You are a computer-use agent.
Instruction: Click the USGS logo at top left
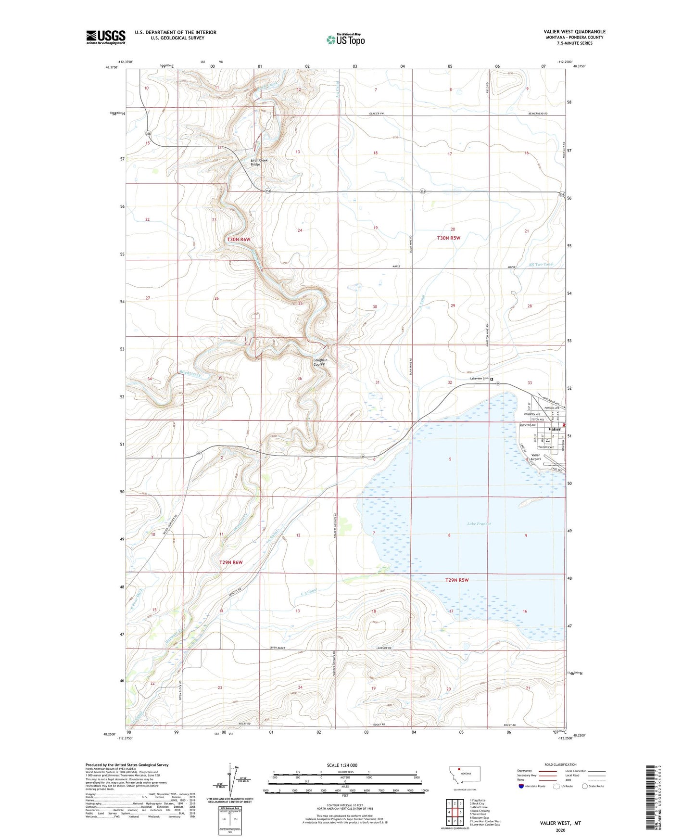pyautogui.click(x=106, y=37)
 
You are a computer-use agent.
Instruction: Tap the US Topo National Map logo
pyautogui.click(x=345, y=39)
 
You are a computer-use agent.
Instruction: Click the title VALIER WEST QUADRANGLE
pyautogui.click(x=574, y=32)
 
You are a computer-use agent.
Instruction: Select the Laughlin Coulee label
pyautogui.click(x=320, y=362)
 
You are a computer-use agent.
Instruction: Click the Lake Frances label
pyautogui.click(x=479, y=523)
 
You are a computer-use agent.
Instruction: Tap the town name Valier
pyautogui.click(x=554, y=429)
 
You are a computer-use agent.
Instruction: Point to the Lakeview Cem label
pyautogui.click(x=479, y=379)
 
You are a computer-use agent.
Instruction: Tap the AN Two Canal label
pyautogui.click(x=541, y=264)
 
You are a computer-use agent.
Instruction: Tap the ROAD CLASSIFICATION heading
pyautogui.click(x=560, y=764)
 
